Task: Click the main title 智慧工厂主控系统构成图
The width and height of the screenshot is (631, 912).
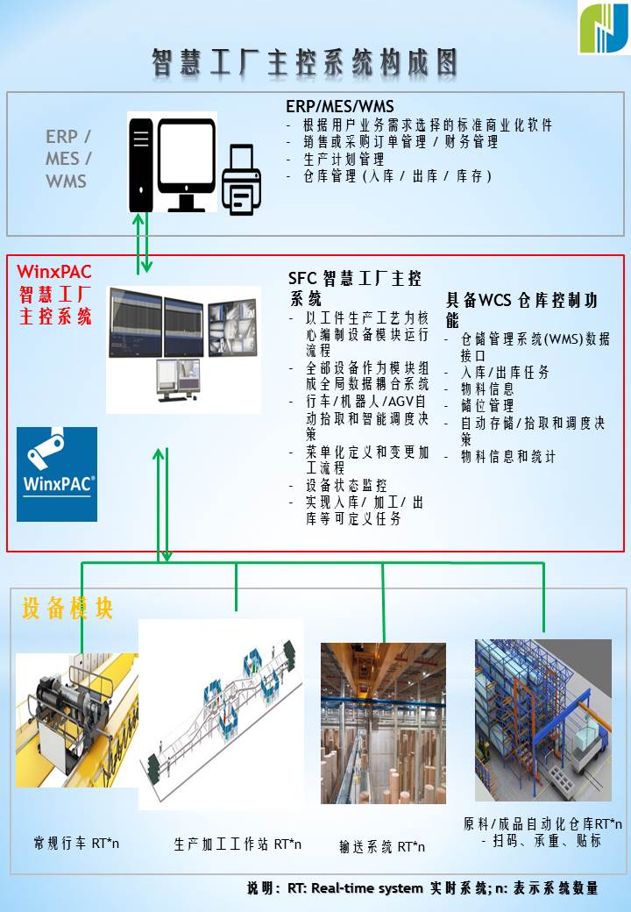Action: tap(304, 62)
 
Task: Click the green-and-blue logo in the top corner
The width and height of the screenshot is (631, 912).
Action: tap(603, 28)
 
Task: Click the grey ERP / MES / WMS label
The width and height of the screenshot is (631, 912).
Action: tap(67, 159)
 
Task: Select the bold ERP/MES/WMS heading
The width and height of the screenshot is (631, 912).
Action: tap(340, 106)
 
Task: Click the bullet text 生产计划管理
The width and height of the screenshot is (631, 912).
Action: tap(344, 159)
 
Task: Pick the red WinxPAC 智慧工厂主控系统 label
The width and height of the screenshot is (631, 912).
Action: tap(55, 294)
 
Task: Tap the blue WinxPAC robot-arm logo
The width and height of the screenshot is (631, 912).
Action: tap(57, 474)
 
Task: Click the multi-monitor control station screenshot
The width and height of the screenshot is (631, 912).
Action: tap(183, 349)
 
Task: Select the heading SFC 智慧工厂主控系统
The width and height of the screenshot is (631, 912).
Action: tap(355, 289)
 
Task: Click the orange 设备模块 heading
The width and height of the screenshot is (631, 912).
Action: tap(67, 608)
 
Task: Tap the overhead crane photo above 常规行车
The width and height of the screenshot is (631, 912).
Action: tap(77, 720)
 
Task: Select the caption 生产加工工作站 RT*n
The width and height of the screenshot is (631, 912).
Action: tap(238, 844)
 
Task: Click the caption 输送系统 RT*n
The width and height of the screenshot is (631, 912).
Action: tap(382, 847)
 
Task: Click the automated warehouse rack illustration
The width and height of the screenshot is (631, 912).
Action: tap(542, 720)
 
